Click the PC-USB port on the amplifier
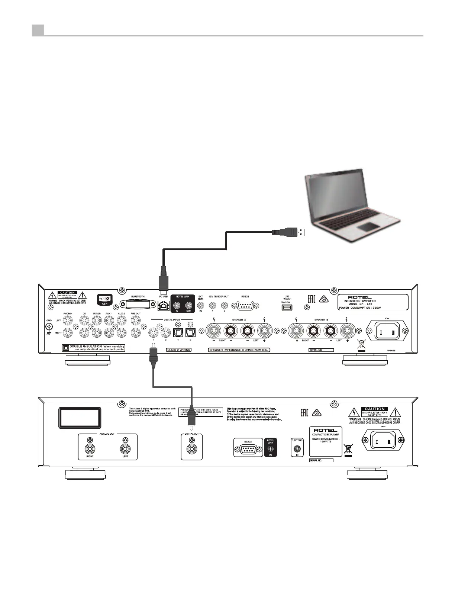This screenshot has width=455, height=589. point(163,306)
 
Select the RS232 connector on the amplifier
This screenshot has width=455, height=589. point(245,306)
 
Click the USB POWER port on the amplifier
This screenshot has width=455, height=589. point(287,308)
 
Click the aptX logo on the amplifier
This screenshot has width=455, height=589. point(104,299)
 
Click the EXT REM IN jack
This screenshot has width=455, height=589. point(201,306)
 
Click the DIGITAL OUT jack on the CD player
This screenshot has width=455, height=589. point(191,449)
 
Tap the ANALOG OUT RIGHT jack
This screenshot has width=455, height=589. point(90,449)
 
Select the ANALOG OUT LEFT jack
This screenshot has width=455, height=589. point(125,449)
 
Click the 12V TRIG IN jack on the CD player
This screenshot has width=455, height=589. point(297,449)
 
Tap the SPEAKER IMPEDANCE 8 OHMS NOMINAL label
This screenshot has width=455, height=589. point(239,350)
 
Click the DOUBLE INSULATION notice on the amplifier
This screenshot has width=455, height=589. point(94,348)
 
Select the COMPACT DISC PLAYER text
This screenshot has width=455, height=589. point(325,434)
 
